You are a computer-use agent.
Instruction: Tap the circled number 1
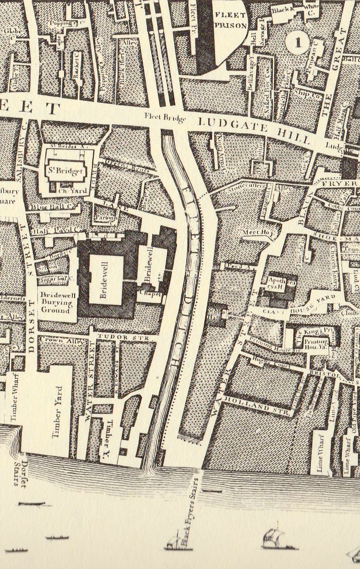click(298, 43)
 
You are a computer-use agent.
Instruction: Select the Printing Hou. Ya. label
click(316, 342)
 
